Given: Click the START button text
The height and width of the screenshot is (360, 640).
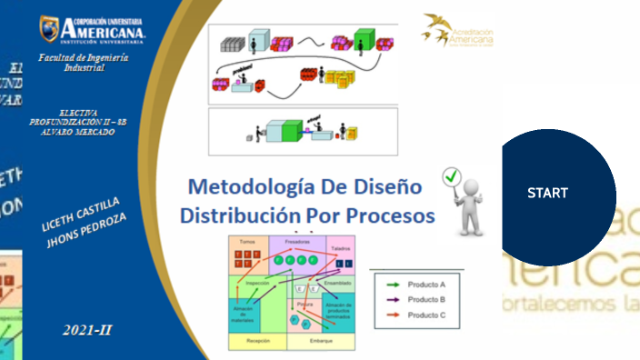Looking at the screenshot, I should [547, 193].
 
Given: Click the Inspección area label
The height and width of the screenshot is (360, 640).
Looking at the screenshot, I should [257, 282].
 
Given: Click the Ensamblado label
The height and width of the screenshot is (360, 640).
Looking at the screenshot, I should [337, 283].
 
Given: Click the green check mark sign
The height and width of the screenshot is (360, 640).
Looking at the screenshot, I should [448, 176].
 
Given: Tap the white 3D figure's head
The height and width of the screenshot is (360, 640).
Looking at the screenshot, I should [470, 185].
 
